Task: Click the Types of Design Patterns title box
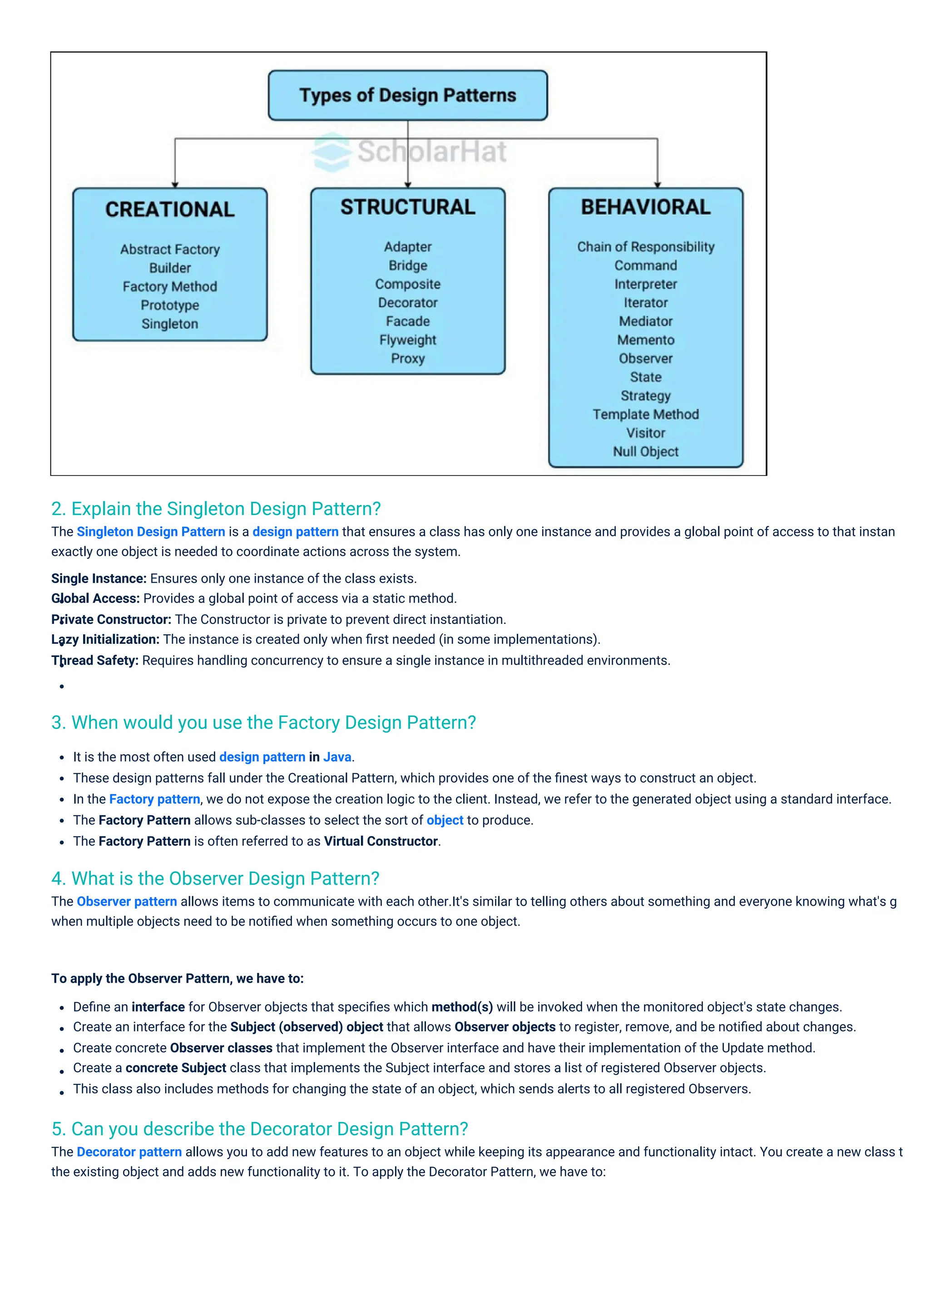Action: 408,95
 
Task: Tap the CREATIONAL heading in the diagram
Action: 170,210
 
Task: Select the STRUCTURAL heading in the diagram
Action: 408,207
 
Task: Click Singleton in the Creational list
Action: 170,324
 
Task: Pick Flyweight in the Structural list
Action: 408,340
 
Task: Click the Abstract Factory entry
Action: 170,250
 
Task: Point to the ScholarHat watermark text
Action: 432,152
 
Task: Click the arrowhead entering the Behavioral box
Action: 658,184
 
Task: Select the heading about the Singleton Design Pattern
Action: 216,509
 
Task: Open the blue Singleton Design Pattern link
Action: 151,532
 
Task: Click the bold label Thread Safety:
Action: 95,661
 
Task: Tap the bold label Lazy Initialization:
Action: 105,639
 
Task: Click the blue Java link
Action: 337,757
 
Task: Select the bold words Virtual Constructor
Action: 381,841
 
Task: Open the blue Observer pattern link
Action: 127,902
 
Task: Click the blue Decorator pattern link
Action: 129,1152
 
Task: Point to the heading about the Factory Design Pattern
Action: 263,723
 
